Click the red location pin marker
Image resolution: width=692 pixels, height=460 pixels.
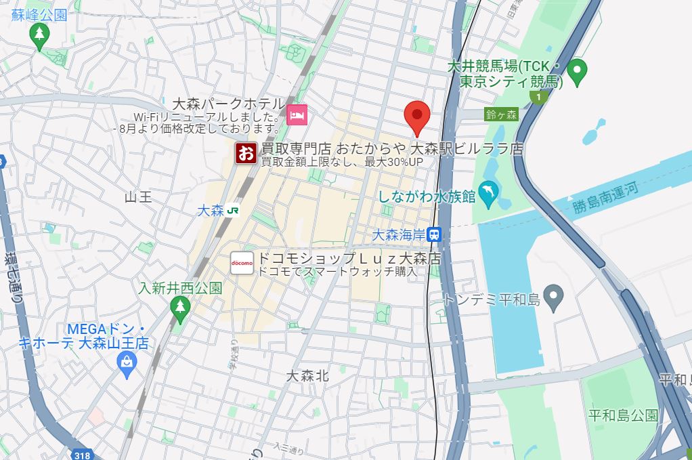tap(416, 116)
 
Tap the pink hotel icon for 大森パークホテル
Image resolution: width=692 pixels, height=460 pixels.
tap(297, 114)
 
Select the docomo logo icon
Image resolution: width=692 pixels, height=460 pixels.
tap(242, 263)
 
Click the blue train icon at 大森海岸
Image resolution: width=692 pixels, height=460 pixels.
tap(435, 234)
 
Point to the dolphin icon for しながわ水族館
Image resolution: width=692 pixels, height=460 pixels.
tap(487, 192)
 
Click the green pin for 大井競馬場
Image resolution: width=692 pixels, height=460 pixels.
tap(576, 70)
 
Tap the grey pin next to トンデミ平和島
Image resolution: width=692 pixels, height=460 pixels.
tap(554, 297)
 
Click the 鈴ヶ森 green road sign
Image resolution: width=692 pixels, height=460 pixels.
tap(501, 114)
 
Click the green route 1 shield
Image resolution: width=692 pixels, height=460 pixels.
tap(538, 98)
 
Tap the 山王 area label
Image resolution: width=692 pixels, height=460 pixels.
tap(138, 197)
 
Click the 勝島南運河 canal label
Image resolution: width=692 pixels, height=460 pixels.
tap(605, 197)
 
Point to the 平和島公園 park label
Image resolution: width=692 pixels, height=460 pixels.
tap(622, 415)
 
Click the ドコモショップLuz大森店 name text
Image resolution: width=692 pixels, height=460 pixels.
tap(349, 259)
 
